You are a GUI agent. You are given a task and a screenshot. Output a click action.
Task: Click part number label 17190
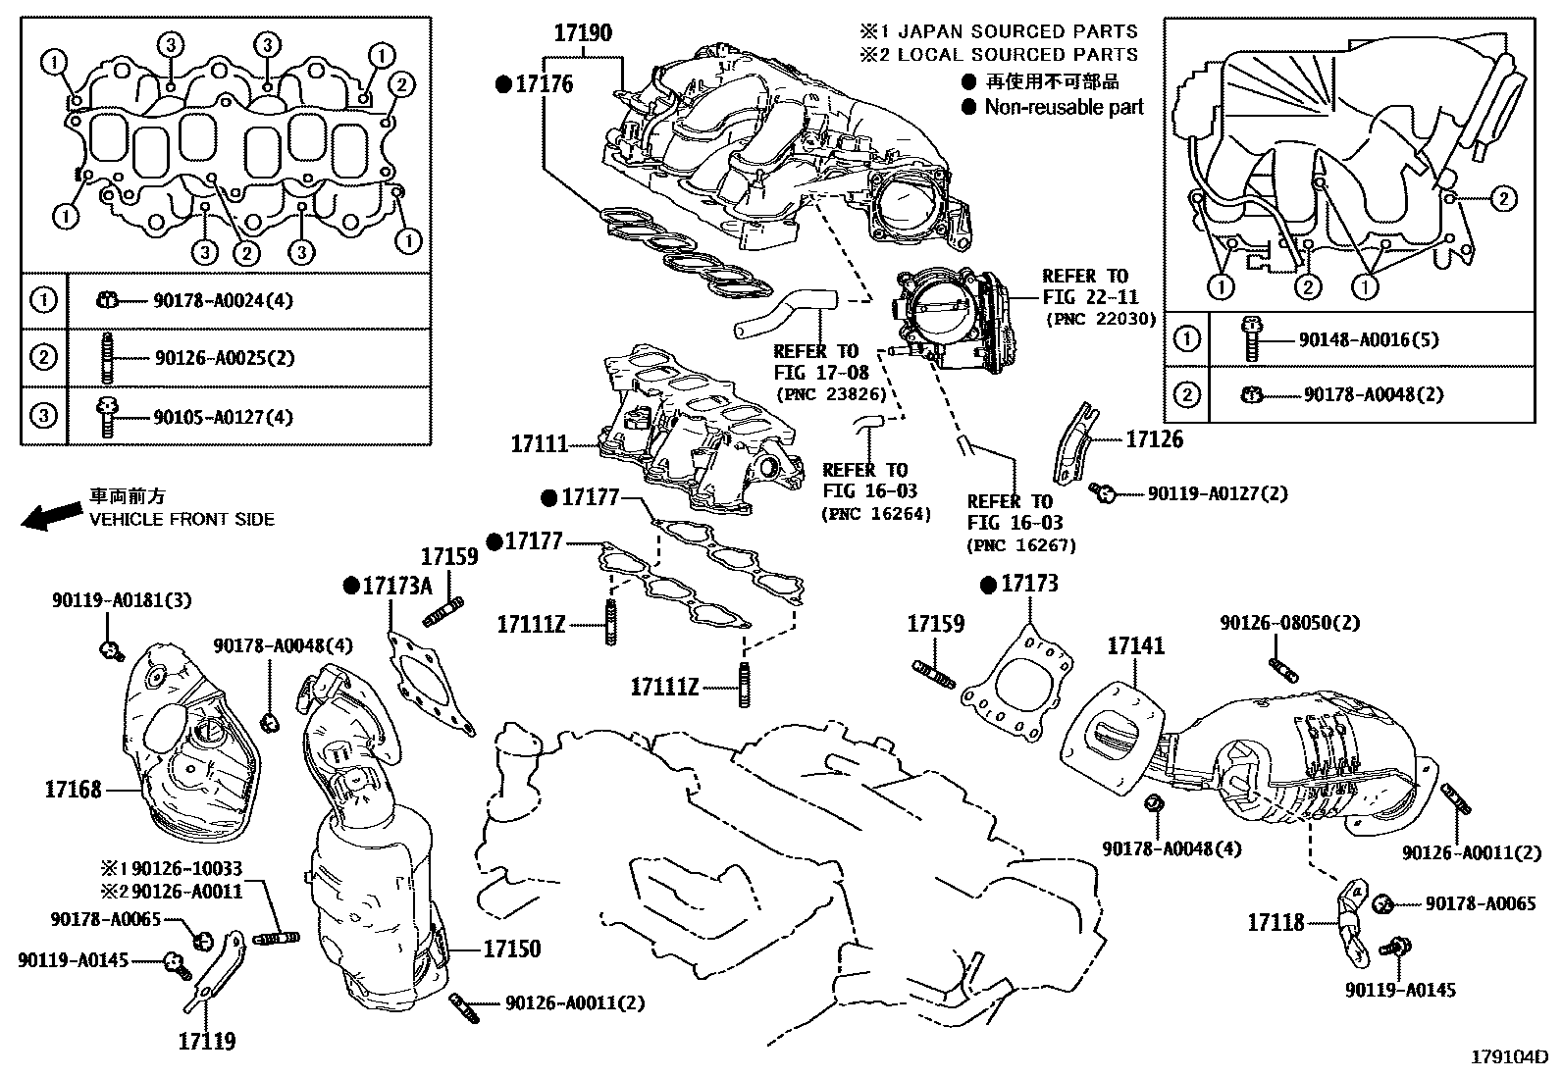tap(582, 33)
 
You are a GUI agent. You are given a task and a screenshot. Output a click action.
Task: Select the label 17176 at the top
tap(544, 84)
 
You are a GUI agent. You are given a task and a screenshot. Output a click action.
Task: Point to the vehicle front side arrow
tap(52, 517)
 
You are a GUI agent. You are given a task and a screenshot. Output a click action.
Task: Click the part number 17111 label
tap(539, 444)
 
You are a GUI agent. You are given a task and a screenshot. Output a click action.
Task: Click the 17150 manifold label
tap(511, 949)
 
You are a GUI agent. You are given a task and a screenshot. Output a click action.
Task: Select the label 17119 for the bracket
tap(207, 1040)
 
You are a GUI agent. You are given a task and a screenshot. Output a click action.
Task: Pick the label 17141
tap(1136, 645)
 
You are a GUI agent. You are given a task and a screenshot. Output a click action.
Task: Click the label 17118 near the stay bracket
tap(1276, 922)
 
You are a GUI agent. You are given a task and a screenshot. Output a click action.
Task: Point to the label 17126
tap(1154, 439)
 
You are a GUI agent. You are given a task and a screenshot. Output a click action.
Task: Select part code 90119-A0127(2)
tap(1217, 493)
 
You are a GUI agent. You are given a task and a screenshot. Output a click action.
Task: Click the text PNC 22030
tap(1101, 319)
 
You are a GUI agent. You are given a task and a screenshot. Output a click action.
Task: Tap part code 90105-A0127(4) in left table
tap(223, 417)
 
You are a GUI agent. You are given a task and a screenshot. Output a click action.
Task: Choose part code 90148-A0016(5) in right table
tap(1368, 339)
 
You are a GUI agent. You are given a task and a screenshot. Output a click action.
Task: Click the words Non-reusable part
tap(1064, 107)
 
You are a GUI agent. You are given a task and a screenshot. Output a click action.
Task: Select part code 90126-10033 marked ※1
tap(186, 869)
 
